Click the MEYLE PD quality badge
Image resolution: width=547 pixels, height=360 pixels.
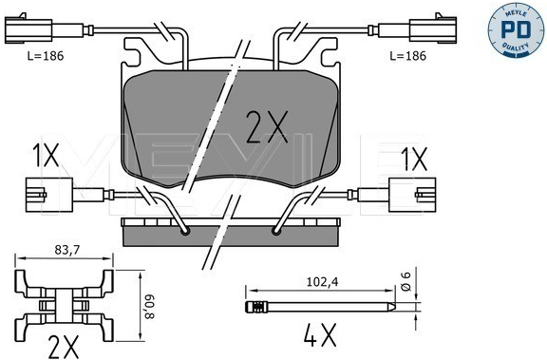(516, 29)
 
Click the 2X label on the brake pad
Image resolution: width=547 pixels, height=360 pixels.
(267, 127)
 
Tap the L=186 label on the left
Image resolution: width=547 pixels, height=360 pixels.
(46, 56)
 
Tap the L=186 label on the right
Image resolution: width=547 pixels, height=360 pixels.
(407, 56)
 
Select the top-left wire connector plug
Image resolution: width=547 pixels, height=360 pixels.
(28, 29)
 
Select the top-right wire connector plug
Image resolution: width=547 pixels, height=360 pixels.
(433, 29)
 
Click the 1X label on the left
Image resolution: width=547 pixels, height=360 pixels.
(46, 156)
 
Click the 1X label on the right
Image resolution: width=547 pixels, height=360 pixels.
(414, 159)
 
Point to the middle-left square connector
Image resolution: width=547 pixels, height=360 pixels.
(49, 195)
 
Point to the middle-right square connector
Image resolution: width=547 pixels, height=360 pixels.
(412, 195)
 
